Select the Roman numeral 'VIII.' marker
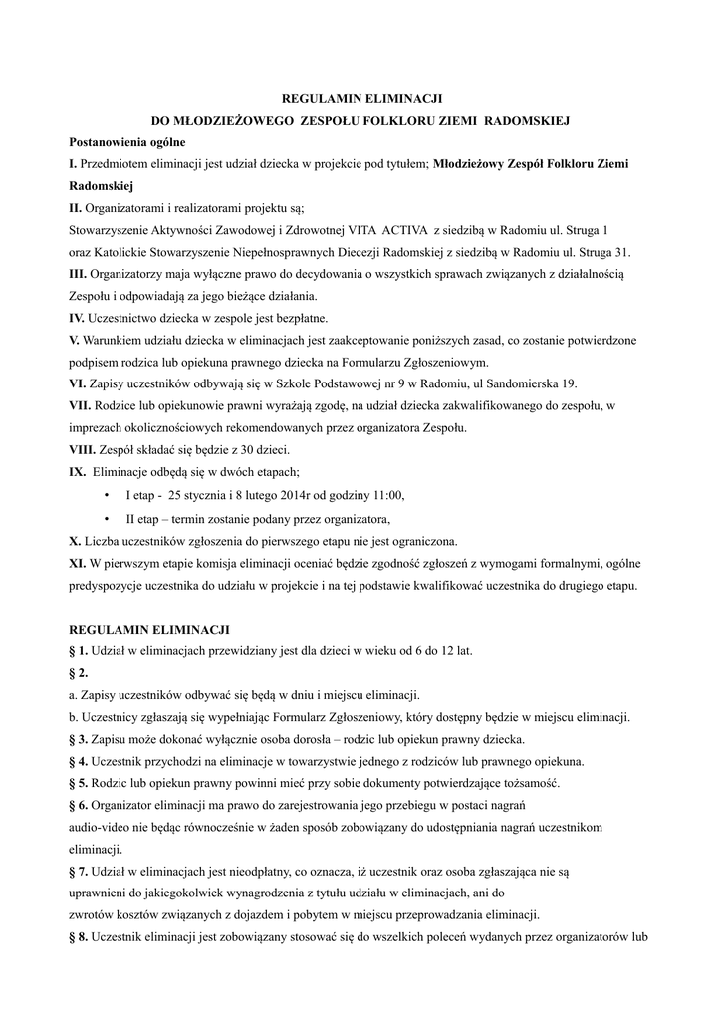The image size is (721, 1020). coord(83,449)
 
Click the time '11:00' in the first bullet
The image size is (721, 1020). coord(387,496)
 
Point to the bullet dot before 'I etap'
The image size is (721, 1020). coord(107,496)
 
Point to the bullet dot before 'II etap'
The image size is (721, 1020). coord(107,519)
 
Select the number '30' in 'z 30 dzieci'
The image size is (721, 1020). coord(222,449)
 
